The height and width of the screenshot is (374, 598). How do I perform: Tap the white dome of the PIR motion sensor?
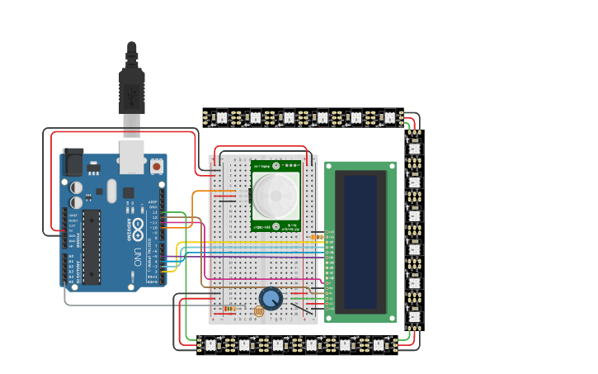pos(275,196)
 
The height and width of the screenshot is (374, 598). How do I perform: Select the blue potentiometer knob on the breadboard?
pos(270,298)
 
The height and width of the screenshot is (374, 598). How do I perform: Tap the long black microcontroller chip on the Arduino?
pos(91,245)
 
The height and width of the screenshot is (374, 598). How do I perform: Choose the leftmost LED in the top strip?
pos(221,118)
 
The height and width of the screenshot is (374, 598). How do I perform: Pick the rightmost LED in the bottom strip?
pos(379,343)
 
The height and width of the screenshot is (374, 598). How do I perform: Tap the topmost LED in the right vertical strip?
pos(414,148)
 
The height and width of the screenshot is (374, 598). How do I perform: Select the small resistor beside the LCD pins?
pos(317,237)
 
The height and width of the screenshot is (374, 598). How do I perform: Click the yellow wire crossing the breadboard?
pos(247,242)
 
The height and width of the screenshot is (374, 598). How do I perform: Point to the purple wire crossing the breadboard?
pos(247,257)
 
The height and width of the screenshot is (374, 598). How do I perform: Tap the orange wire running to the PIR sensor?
pos(195,215)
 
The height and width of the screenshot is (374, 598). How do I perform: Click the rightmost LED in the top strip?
pos(389,118)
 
